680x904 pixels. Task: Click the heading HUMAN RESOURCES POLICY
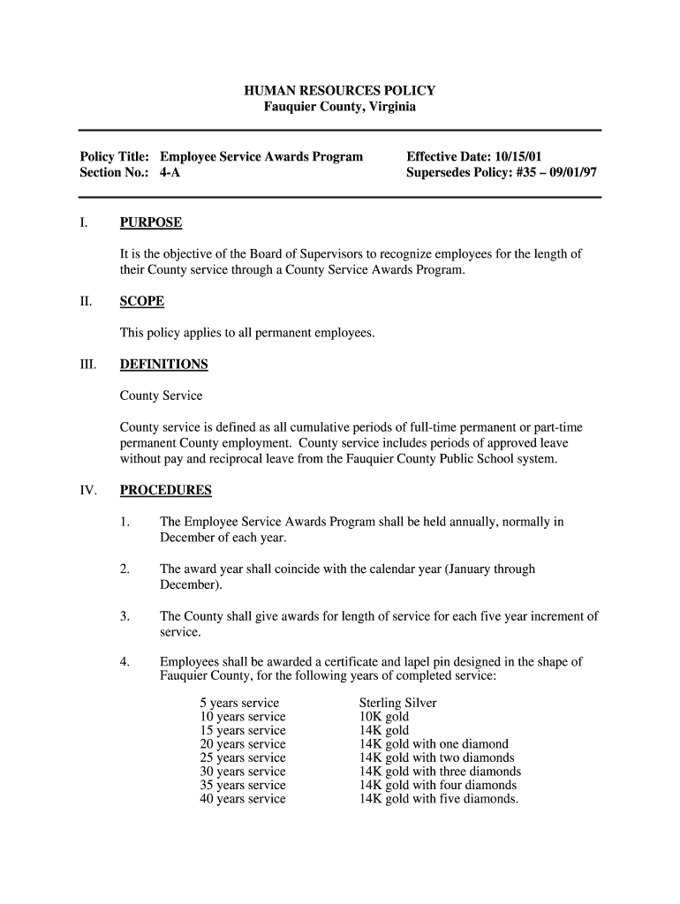339,91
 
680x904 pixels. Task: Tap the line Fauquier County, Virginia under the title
339,107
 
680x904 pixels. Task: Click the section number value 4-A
170,172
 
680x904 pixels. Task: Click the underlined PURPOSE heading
150,222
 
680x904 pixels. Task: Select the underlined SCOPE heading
142,301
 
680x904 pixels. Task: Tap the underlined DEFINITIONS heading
163,364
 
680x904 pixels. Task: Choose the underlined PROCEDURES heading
165,490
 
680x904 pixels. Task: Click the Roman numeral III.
87,365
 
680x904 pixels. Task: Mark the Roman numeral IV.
87,491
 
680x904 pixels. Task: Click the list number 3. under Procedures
125,616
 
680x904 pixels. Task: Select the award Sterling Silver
397,704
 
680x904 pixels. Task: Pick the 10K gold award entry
383,717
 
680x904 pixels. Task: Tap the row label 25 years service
243,757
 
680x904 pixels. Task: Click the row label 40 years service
243,799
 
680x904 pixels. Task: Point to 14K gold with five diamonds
438,799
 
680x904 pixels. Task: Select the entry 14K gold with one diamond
434,744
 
